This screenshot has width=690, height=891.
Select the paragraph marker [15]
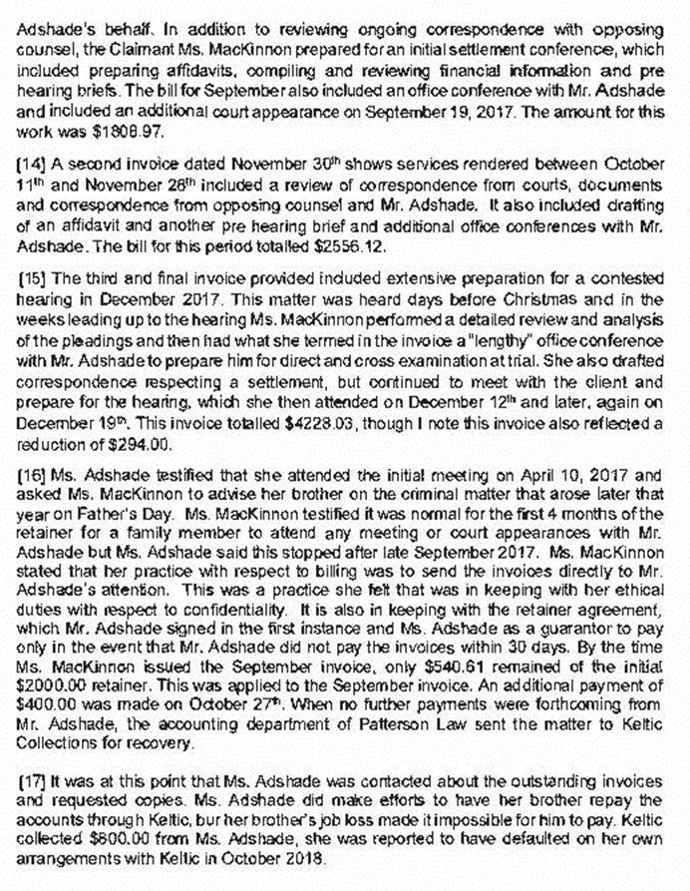(x=33, y=267)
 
